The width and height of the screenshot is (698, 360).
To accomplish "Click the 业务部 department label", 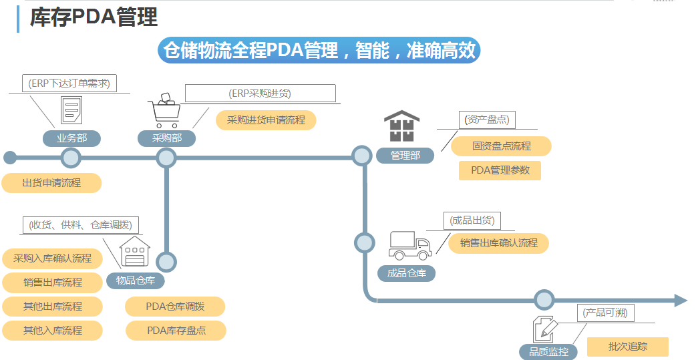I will (x=71, y=138).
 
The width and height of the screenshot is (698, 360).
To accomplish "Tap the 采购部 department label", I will (x=167, y=138).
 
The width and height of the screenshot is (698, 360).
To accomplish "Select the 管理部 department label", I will (x=405, y=156).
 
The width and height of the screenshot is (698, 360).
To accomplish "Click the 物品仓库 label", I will (x=136, y=281).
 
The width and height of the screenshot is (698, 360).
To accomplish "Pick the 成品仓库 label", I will (x=406, y=273).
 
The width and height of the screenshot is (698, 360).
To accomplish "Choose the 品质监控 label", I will (x=548, y=352).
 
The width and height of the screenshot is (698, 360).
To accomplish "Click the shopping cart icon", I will (x=165, y=110).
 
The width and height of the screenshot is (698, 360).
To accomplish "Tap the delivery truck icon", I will (x=409, y=245).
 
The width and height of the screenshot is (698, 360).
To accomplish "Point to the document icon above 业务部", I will (x=71, y=110).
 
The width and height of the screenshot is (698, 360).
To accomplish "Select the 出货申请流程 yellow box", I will (x=51, y=182).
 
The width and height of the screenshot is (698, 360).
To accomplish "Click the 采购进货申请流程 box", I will (x=266, y=120).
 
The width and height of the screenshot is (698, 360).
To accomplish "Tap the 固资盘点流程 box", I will (x=501, y=146).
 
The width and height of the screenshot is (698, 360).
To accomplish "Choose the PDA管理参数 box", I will (x=500, y=170).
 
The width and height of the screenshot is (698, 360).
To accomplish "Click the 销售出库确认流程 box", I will (x=498, y=243).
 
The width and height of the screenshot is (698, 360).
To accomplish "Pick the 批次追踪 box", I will (x=628, y=347).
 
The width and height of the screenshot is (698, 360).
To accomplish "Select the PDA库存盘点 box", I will (x=176, y=330).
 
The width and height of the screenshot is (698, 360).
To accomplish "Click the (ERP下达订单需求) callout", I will (x=69, y=83).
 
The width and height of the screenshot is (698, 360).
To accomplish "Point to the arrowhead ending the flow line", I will (x=680, y=301).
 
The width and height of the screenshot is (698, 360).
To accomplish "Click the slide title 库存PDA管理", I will (x=94, y=18).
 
